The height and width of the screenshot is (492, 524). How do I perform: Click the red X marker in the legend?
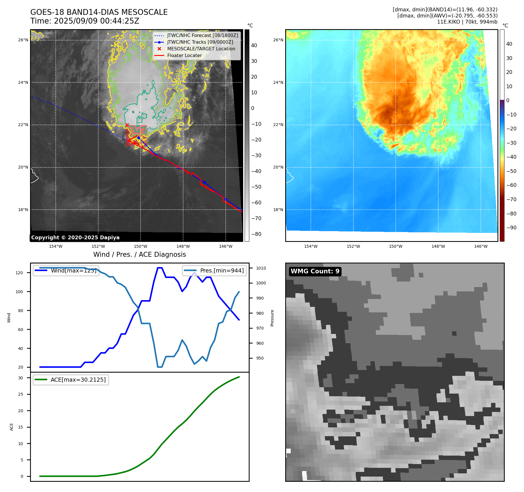pos(159,49)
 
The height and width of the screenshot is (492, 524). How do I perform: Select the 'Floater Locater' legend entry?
pos(184,56)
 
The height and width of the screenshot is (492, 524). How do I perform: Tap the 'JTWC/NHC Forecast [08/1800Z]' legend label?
pos(202,36)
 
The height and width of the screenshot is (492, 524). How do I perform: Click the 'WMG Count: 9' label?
pos(315,271)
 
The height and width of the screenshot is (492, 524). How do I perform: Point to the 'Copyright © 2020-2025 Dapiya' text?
pos(75,238)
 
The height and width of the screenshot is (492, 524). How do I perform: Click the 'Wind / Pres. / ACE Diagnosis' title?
pos(139,254)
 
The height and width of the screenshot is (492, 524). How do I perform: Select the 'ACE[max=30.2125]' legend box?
pos(71,380)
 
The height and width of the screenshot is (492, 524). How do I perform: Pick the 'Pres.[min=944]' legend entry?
pos(214,270)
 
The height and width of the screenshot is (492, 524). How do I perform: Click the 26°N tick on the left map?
pos(23,40)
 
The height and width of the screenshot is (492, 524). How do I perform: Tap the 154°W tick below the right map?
pos(311,246)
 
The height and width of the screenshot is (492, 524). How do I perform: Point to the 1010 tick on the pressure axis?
pos(261,268)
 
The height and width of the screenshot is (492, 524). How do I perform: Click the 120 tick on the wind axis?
pos(19,273)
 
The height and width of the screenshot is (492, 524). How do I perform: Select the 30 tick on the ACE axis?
pos(20,378)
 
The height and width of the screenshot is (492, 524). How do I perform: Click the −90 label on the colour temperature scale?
pos(511,228)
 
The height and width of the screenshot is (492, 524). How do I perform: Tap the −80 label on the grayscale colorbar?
pos(256,234)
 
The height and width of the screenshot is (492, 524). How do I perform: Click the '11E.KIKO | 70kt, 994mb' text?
pos(467,22)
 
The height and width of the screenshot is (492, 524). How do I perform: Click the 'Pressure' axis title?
pos(272,318)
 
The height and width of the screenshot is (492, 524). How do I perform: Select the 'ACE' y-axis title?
pos(12,427)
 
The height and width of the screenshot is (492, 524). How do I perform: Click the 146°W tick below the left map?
pos(226,246)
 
